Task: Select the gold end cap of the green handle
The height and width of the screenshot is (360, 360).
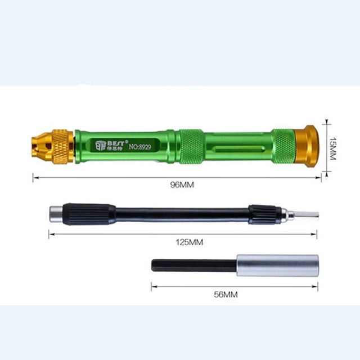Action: pyautogui.click(x=308, y=145)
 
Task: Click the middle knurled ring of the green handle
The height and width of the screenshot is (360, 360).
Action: pyautogui.click(x=191, y=146)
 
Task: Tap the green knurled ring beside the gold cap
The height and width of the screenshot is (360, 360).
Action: pyautogui.click(x=283, y=146)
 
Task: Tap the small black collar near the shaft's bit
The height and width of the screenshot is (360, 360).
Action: pyautogui.click(x=264, y=214)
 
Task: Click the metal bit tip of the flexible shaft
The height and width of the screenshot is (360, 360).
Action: pyautogui.click(x=307, y=215)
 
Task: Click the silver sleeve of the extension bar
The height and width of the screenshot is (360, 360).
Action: pyautogui.click(x=277, y=265)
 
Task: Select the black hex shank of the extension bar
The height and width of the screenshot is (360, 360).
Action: pyautogui.click(x=193, y=265)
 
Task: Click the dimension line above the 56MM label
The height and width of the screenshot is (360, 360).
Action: pyautogui.click(x=234, y=285)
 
